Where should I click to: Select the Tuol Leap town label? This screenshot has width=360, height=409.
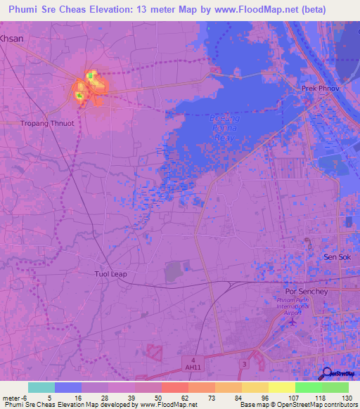(x=110, y=273)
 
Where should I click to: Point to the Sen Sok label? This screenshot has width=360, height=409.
(x=337, y=258)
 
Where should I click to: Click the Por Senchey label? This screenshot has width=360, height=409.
(x=304, y=291)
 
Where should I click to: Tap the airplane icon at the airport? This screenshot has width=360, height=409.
(x=292, y=322)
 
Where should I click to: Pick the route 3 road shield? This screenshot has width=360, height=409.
(x=244, y=363)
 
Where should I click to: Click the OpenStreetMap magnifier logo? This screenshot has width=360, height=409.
(x=328, y=373)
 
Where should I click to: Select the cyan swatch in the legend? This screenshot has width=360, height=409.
(x=41, y=387)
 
